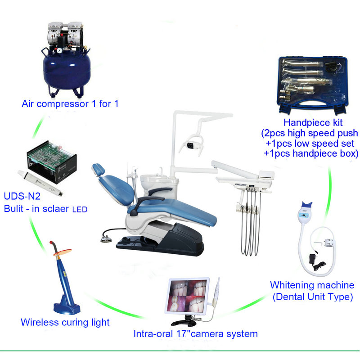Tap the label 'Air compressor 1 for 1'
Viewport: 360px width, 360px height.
70,104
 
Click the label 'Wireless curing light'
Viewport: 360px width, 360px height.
65,322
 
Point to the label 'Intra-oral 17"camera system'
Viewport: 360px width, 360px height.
195,334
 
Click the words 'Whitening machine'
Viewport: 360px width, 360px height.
312,285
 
